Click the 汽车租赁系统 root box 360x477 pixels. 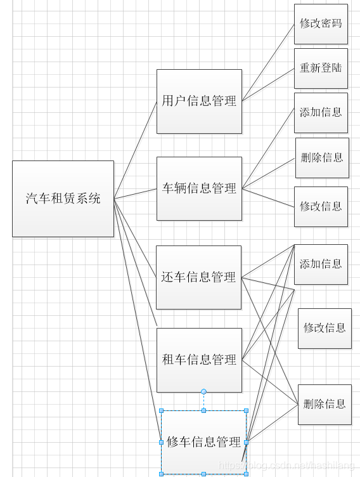63,199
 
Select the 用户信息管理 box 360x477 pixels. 199,101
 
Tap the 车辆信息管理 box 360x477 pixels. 199,188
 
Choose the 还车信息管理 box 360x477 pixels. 198,277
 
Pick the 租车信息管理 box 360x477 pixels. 199,360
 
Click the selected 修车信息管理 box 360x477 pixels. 203,442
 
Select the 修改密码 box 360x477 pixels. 321,23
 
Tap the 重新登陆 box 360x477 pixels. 321,68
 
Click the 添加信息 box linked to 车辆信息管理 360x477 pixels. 321,112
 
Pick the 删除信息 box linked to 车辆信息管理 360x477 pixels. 322,158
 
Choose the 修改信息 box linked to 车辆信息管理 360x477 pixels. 321,206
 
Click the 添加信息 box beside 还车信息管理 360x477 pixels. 321,264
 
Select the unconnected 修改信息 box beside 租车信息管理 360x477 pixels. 325,328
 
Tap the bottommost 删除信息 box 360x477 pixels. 325,404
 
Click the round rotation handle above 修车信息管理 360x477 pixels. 203,391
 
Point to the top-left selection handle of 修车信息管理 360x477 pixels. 161,410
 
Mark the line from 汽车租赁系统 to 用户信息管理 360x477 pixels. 136,150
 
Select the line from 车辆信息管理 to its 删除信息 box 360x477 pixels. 269,173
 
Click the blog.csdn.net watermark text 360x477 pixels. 288,466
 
